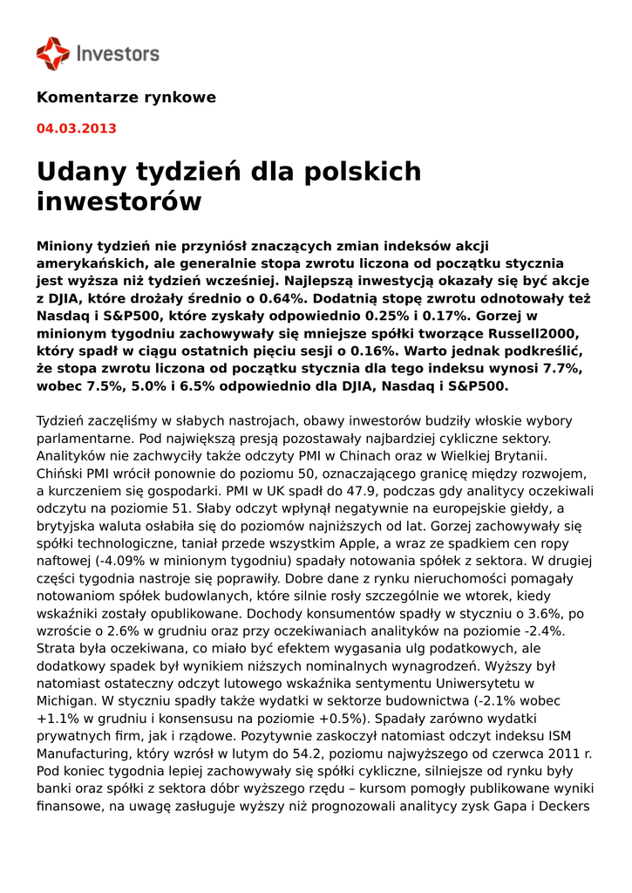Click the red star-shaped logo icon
[x=52, y=54]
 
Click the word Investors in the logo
[x=118, y=54]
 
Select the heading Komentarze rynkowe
[x=126, y=98]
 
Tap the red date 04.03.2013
[x=76, y=129]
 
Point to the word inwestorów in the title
[x=119, y=201]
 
